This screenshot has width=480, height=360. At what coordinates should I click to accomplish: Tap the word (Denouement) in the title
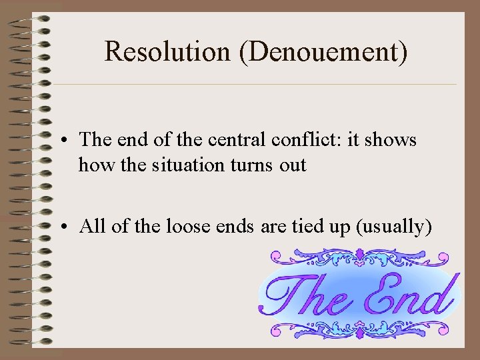pos(325,52)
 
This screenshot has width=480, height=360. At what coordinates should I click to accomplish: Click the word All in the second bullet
pos(91,227)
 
